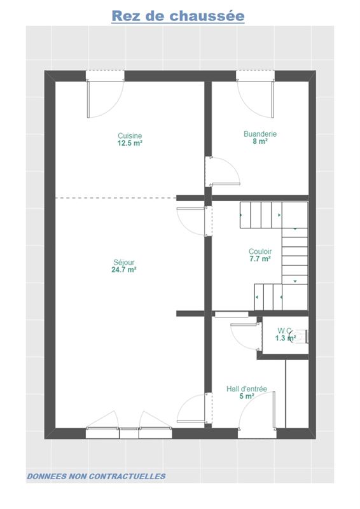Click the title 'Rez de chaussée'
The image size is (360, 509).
click(178, 16)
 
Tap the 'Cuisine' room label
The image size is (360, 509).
click(130, 136)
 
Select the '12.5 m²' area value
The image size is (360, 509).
click(130, 143)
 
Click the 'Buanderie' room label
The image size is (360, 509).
click(260, 134)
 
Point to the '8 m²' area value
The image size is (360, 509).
click(260, 141)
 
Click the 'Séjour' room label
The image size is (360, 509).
click(123, 262)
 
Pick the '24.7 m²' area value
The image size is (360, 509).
click(123, 270)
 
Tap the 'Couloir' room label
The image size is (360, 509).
click(260, 251)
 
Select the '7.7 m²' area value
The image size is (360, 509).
click(260, 259)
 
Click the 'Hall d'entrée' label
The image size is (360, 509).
click(247, 389)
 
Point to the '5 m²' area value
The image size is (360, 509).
click(247, 396)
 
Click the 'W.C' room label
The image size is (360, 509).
click(284, 331)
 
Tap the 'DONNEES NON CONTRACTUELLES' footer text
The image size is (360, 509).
click(96, 476)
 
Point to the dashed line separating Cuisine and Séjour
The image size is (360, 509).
click(116, 198)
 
